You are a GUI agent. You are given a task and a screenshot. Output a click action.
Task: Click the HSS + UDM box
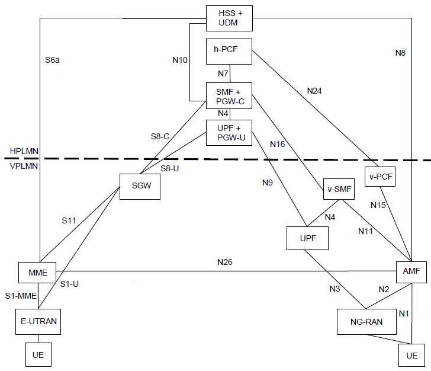point(229,18)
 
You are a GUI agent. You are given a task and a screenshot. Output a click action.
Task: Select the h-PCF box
point(229,52)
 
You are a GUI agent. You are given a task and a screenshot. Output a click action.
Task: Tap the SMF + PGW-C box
point(229,95)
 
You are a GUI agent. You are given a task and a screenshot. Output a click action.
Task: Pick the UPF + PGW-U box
point(229,133)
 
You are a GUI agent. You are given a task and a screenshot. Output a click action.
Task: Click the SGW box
point(140,187)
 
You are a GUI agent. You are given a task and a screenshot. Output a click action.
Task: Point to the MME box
point(37,273)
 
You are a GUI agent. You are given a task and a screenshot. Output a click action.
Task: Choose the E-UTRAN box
point(38,321)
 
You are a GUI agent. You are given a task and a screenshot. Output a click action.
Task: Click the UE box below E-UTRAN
point(38,354)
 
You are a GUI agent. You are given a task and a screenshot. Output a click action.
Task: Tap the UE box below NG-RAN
point(412,355)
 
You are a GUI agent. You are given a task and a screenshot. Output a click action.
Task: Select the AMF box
point(411,272)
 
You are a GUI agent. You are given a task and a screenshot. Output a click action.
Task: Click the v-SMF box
point(339,189)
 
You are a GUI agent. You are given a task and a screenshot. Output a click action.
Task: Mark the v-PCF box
point(380,177)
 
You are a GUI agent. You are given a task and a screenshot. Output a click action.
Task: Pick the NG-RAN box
point(366,322)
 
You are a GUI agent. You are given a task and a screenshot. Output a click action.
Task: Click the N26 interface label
point(225,262)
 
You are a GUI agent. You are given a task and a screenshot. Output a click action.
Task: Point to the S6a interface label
point(52,60)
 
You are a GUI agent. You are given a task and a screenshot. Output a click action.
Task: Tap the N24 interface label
point(314,91)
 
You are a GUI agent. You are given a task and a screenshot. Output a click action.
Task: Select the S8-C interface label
point(160,136)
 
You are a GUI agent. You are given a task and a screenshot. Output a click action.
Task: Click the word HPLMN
point(24,151)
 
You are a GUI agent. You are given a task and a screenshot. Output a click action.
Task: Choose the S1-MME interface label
point(21,296)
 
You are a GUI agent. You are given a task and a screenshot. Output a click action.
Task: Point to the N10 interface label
point(180,60)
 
